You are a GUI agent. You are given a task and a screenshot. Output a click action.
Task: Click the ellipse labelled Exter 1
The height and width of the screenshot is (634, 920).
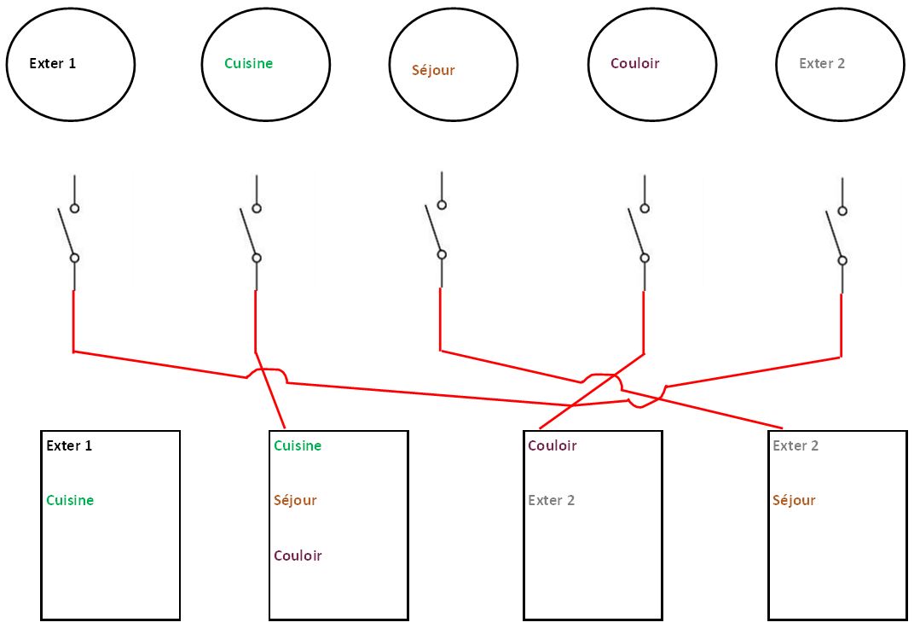point(71,64)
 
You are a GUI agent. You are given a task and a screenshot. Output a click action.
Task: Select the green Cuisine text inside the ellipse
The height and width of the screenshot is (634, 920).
point(248,63)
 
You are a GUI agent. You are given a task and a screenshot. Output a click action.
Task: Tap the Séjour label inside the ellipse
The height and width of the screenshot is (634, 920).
point(433,71)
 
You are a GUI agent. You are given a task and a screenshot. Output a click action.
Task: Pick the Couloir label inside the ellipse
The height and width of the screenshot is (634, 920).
point(635,63)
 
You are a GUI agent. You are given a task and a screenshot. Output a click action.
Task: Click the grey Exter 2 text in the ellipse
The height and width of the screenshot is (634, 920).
point(822,63)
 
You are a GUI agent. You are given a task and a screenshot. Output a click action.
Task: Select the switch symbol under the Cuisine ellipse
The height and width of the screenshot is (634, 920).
point(252,232)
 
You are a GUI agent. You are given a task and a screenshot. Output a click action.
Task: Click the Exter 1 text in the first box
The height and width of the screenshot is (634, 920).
point(69,445)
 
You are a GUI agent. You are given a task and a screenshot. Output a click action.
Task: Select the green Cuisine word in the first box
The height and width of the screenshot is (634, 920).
point(70,501)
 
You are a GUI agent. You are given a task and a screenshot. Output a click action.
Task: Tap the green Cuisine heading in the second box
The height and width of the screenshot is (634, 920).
point(298,445)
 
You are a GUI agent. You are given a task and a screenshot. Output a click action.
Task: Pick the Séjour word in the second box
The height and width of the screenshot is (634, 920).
point(295,501)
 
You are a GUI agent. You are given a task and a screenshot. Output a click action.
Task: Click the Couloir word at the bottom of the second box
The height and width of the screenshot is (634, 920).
point(298,556)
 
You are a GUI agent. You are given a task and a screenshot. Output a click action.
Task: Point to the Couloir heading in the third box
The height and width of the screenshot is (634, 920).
point(553,445)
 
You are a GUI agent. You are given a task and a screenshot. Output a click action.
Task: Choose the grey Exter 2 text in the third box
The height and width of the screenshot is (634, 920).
point(551,501)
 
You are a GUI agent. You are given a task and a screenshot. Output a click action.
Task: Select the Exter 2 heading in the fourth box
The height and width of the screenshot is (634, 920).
point(796,445)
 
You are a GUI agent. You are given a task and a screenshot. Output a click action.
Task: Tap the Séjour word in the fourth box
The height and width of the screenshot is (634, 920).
point(794,501)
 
